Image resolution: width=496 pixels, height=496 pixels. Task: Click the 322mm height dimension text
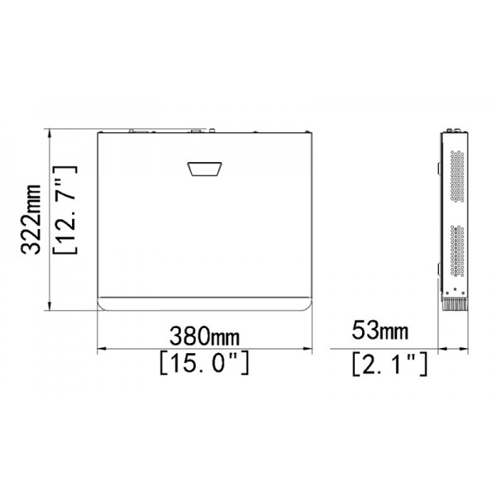(x=32, y=220)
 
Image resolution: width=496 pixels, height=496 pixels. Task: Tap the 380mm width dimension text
(x=204, y=336)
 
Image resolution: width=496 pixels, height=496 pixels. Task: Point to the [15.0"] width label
(x=203, y=362)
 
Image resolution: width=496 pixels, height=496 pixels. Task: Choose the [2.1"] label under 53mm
(x=389, y=362)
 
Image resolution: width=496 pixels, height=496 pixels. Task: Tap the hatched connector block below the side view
(x=455, y=304)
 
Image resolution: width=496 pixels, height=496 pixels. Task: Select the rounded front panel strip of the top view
(x=204, y=303)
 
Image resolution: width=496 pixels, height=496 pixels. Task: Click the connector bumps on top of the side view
(x=453, y=131)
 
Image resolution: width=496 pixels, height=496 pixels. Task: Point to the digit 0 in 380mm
(x=200, y=336)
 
